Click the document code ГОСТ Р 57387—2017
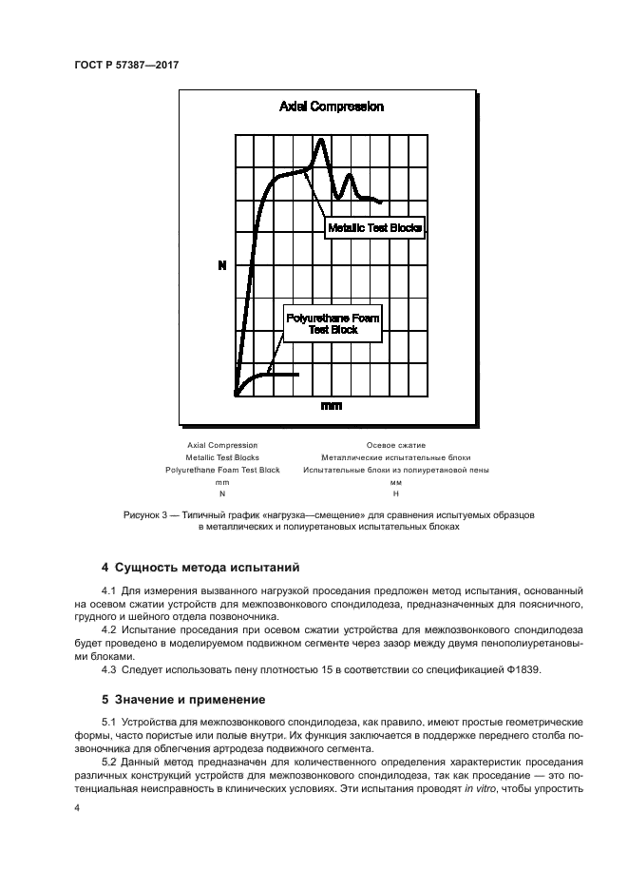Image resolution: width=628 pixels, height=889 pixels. pos(126,64)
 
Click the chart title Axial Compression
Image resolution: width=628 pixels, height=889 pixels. pos(331,106)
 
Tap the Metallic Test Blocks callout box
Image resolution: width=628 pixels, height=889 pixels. pos(373,227)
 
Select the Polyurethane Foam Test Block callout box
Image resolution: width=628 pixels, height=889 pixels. pos(332,323)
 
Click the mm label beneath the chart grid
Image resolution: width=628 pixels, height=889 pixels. pos(331,406)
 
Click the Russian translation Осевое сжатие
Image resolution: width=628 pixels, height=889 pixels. pos(395,445)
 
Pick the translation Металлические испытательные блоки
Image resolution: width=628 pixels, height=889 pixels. pos(395,457)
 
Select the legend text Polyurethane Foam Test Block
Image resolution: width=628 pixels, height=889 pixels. pos(222,470)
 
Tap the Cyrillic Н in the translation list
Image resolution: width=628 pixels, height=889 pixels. pos(395,494)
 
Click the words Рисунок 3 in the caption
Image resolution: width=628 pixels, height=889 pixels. pos(146,513)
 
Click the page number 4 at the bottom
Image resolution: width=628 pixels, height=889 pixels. pos(77,807)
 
